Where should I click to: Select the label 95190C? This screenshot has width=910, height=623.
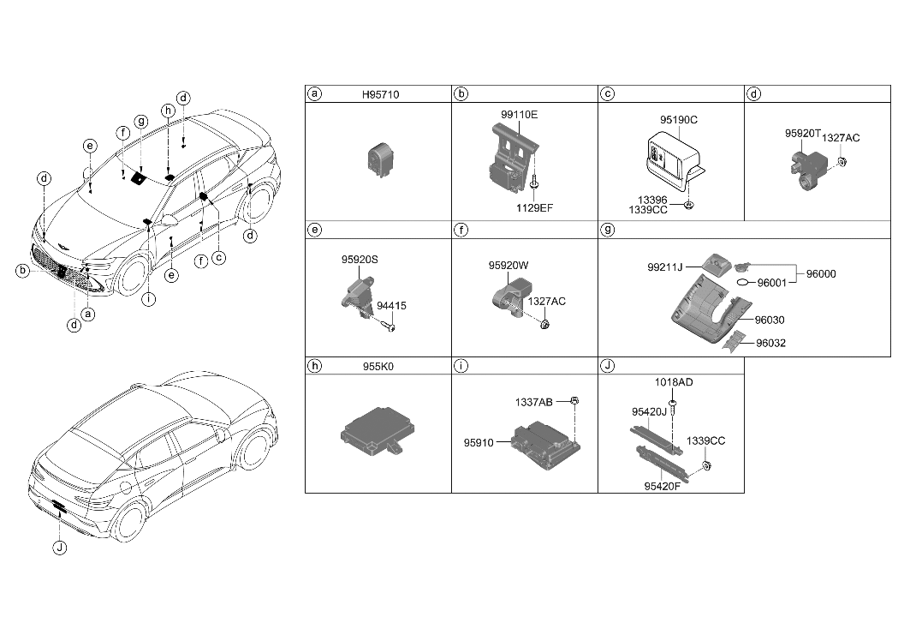pos(678,120)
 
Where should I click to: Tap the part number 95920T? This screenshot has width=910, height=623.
pos(802,135)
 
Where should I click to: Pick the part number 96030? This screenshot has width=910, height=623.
pos(770,320)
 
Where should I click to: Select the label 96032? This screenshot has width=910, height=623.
pos(770,344)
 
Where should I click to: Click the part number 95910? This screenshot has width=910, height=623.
pos(479,443)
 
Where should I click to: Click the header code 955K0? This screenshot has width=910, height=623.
pos(378,366)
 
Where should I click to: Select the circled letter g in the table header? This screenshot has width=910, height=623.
pos(607,230)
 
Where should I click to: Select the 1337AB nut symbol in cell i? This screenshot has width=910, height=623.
pos(575,400)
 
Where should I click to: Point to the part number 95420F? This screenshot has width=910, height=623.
pos(662,487)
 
